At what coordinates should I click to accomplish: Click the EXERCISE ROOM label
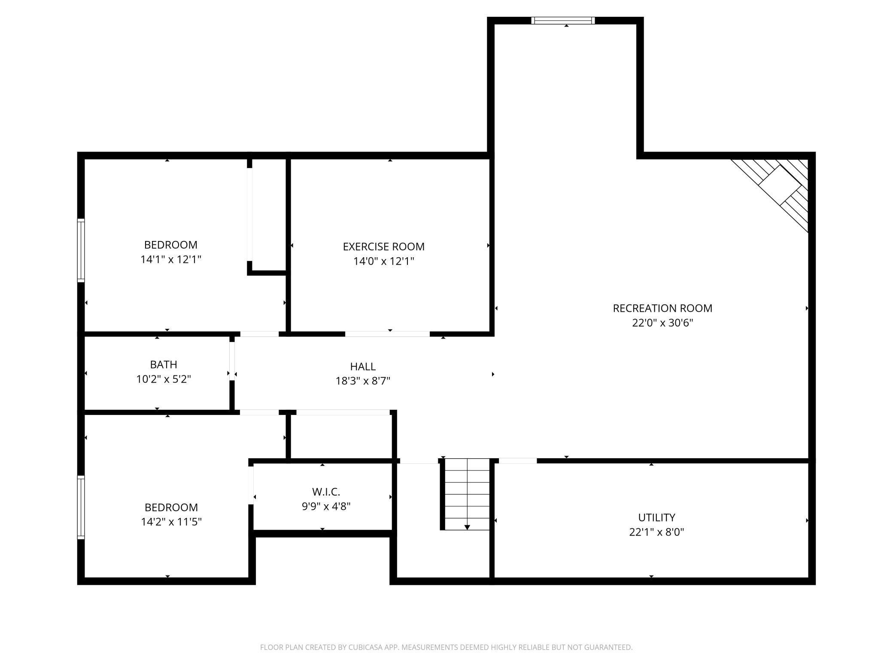tap(383, 247)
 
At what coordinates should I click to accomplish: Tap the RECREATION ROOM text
tap(662, 308)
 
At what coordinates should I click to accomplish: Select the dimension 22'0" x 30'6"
tap(662, 323)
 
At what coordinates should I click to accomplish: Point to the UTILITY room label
tap(656, 517)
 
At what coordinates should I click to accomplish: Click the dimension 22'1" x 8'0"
tap(656, 532)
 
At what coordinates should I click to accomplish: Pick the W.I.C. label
tap(326, 491)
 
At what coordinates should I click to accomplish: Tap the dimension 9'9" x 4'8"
tap(326, 506)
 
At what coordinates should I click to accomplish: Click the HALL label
tap(363, 366)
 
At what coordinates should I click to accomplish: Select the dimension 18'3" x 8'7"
tap(363, 381)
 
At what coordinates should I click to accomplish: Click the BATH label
tap(164, 364)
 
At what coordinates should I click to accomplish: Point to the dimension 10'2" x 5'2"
tap(164, 379)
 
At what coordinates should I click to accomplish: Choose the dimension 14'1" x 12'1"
tap(171, 259)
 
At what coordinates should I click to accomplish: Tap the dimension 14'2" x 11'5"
tap(171, 522)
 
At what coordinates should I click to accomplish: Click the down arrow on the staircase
tap(467, 527)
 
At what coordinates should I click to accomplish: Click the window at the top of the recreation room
tap(563, 20)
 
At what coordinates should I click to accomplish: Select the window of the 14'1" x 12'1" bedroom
tap(81, 250)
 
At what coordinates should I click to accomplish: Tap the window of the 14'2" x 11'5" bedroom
tap(81, 507)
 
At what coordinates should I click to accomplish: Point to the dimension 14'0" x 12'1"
tap(383, 261)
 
